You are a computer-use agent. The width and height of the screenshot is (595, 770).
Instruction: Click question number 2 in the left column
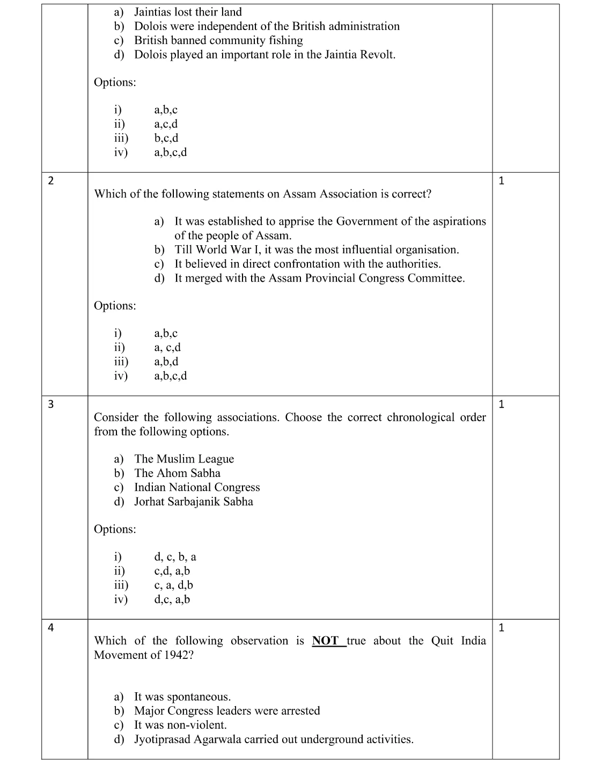pyautogui.click(x=50, y=181)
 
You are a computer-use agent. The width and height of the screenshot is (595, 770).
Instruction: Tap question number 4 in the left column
pyautogui.click(x=50, y=628)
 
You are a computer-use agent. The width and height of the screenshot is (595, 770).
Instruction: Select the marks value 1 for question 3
pyautogui.click(x=501, y=405)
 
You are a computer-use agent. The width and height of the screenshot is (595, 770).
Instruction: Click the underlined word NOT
pyautogui.click(x=326, y=641)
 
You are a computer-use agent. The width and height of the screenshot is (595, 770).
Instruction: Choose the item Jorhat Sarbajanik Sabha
pyautogui.click(x=193, y=502)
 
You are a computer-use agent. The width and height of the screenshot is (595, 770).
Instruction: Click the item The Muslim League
pyautogui.click(x=184, y=459)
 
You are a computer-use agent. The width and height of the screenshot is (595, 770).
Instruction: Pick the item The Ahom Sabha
pyautogui.click(x=177, y=473)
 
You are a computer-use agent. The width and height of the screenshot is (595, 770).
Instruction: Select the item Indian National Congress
pyautogui.click(x=197, y=487)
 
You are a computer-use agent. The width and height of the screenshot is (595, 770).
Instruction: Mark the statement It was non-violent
pyautogui.click(x=180, y=725)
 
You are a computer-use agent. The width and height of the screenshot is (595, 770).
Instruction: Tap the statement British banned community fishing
pyautogui.click(x=218, y=40)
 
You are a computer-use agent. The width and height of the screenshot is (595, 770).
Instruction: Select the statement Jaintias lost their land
pyautogui.click(x=188, y=12)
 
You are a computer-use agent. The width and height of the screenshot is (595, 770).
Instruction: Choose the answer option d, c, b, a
pyautogui.click(x=175, y=557)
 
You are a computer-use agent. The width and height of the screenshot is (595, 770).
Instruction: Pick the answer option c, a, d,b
pyautogui.click(x=173, y=585)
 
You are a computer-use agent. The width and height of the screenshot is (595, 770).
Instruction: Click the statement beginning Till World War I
pyautogui.click(x=317, y=250)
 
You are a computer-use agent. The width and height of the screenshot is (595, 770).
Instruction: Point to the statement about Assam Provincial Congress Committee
pyautogui.click(x=319, y=278)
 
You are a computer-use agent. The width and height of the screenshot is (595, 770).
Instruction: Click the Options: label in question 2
pyautogui.click(x=115, y=306)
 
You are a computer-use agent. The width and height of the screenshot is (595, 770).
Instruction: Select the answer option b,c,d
pyautogui.click(x=166, y=138)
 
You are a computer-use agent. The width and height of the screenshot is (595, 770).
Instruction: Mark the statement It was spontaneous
pyautogui.click(x=182, y=697)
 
